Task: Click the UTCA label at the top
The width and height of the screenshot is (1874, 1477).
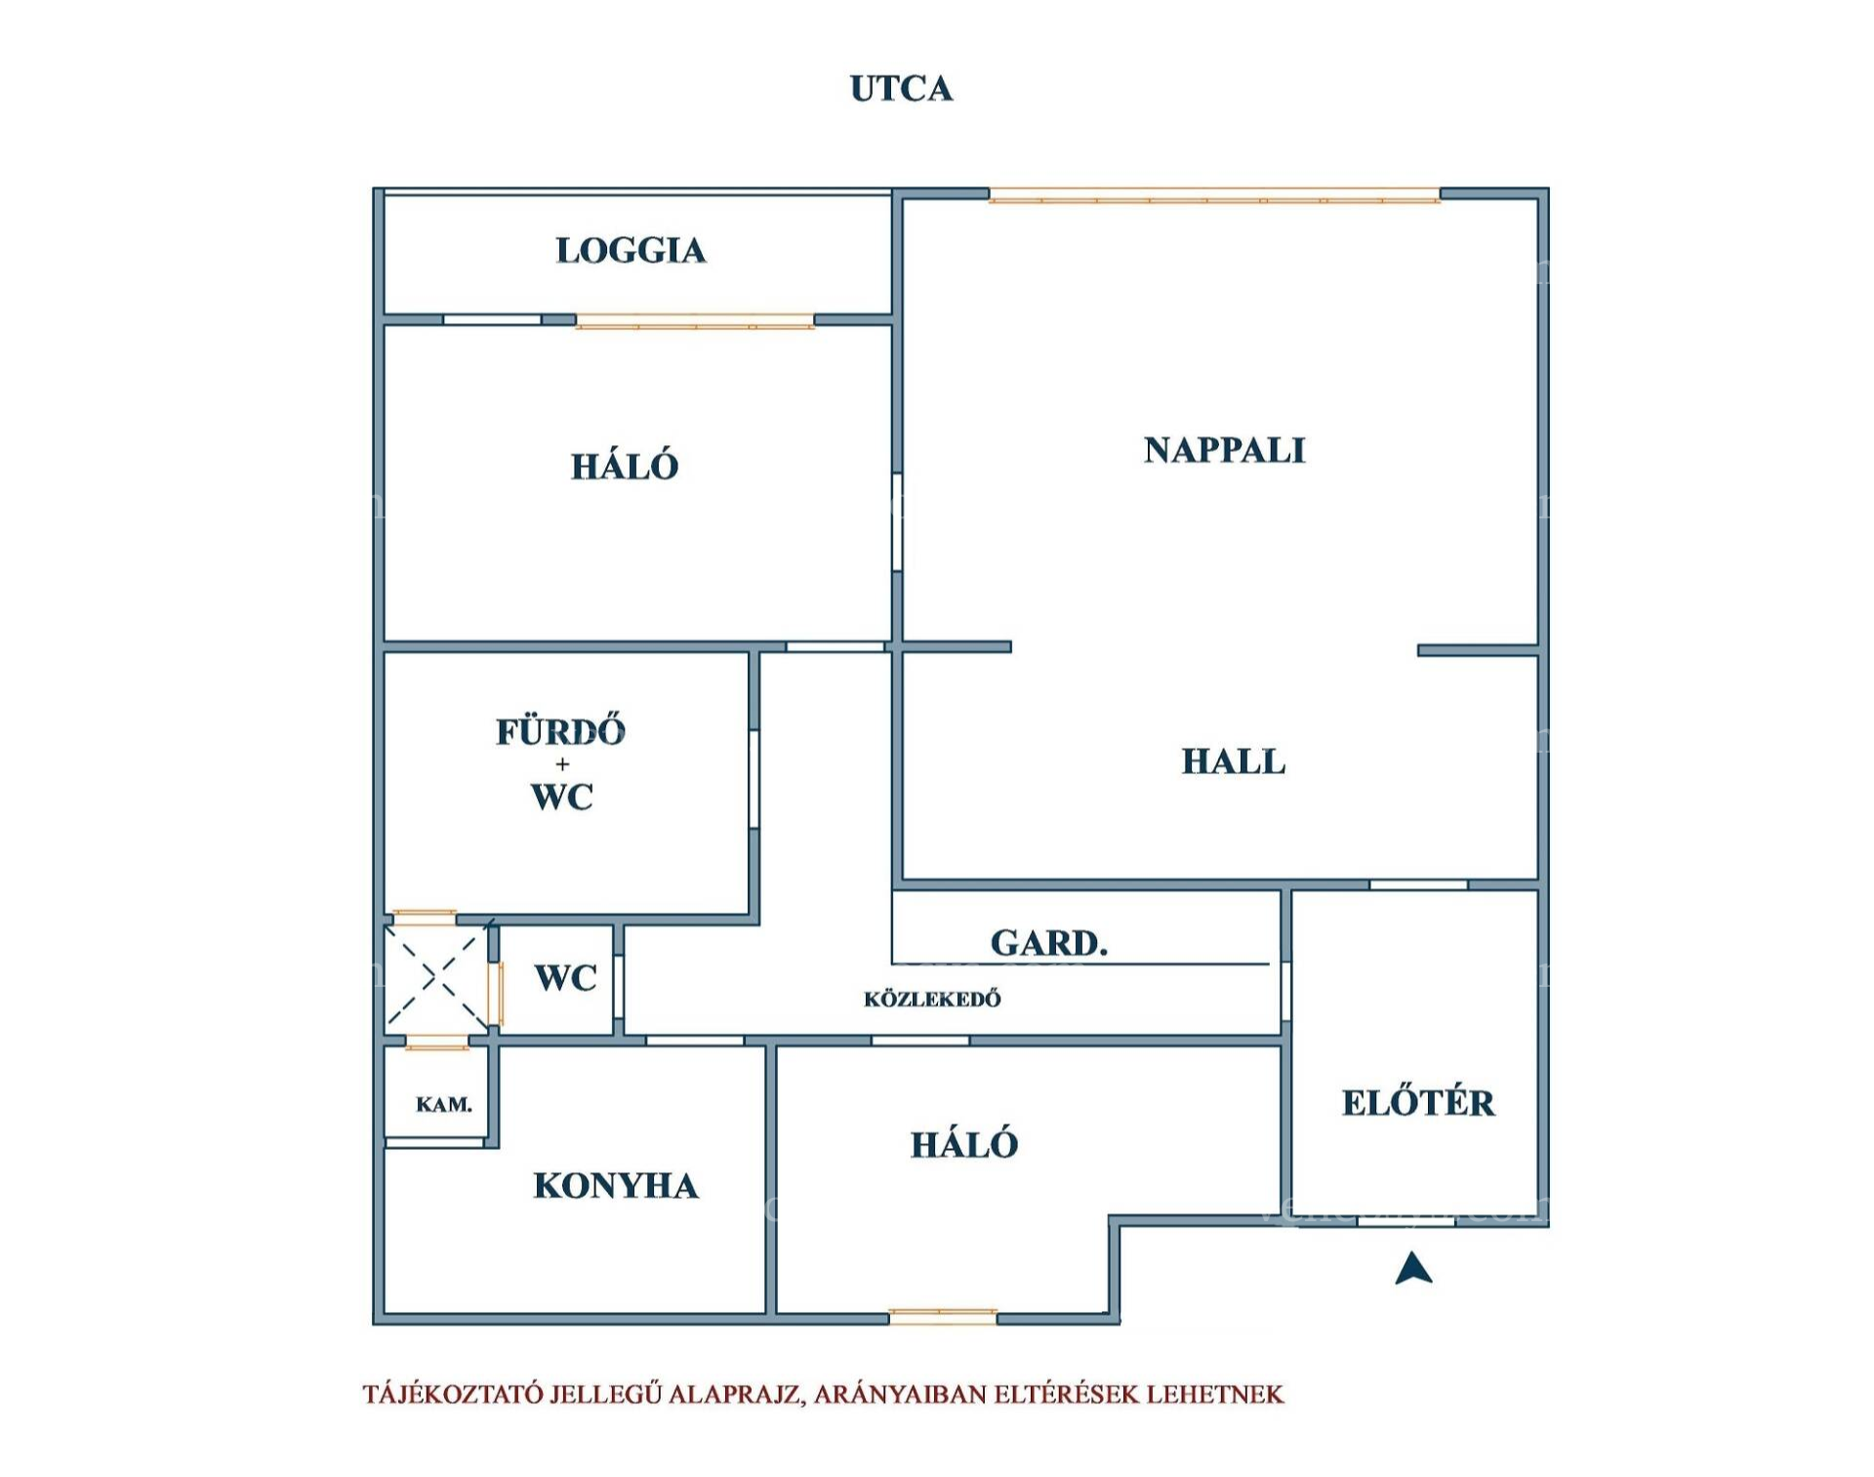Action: pos(901,89)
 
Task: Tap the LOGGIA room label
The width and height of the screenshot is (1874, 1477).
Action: pos(631,251)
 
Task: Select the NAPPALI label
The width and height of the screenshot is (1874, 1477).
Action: pos(1224,450)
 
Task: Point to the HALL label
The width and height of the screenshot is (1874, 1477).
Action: pos(1233,761)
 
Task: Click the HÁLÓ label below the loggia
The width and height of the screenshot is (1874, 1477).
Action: pos(625,465)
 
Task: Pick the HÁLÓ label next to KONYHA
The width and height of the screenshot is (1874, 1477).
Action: pos(964,1143)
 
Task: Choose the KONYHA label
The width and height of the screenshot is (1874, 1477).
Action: pos(616,1186)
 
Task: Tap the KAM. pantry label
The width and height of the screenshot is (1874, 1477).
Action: pos(444,1104)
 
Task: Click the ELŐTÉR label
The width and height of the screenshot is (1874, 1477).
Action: pos(1418,1101)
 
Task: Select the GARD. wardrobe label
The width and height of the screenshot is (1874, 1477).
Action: pos(1049,943)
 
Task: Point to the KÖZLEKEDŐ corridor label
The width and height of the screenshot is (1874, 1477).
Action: pos(932,999)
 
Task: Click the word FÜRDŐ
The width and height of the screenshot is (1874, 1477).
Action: pos(560,730)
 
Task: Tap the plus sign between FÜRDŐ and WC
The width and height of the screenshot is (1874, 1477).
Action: pos(562,764)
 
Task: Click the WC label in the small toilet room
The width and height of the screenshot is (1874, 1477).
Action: pos(566,977)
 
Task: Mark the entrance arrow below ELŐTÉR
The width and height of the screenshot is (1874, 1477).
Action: pos(1414,1268)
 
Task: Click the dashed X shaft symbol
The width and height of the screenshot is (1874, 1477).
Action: pos(436,977)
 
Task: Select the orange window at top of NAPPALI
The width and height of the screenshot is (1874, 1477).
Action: pos(1214,195)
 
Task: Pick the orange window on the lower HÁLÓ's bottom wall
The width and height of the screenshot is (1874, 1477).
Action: pos(943,1317)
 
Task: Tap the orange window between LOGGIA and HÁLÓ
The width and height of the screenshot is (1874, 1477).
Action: pos(695,321)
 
